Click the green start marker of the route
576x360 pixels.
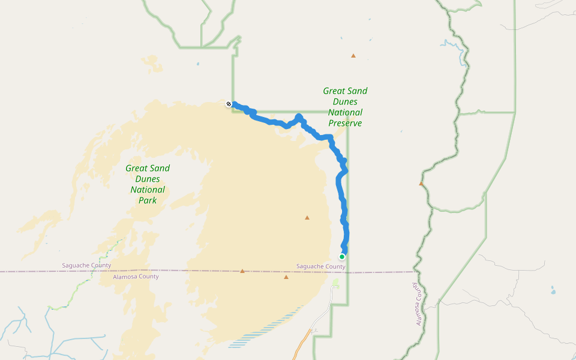[x=342, y=257]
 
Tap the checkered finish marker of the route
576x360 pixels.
[x=229, y=104]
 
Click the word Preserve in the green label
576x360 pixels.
[x=345, y=123]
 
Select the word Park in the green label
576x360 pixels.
[x=148, y=200]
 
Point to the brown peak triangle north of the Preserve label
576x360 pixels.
[x=353, y=56]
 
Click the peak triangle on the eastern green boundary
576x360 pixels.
[x=421, y=184]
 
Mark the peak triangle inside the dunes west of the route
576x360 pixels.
[x=307, y=218]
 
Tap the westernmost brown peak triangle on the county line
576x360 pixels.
[x=242, y=271]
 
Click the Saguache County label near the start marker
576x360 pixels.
[x=321, y=266]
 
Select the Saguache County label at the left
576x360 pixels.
[x=86, y=265]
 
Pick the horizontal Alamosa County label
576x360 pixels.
[x=136, y=277]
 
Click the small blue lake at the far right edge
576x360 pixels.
[x=553, y=292]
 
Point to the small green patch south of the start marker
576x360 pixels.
[x=335, y=282]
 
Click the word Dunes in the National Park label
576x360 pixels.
[x=148, y=179]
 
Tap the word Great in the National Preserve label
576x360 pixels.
[x=345, y=91]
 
